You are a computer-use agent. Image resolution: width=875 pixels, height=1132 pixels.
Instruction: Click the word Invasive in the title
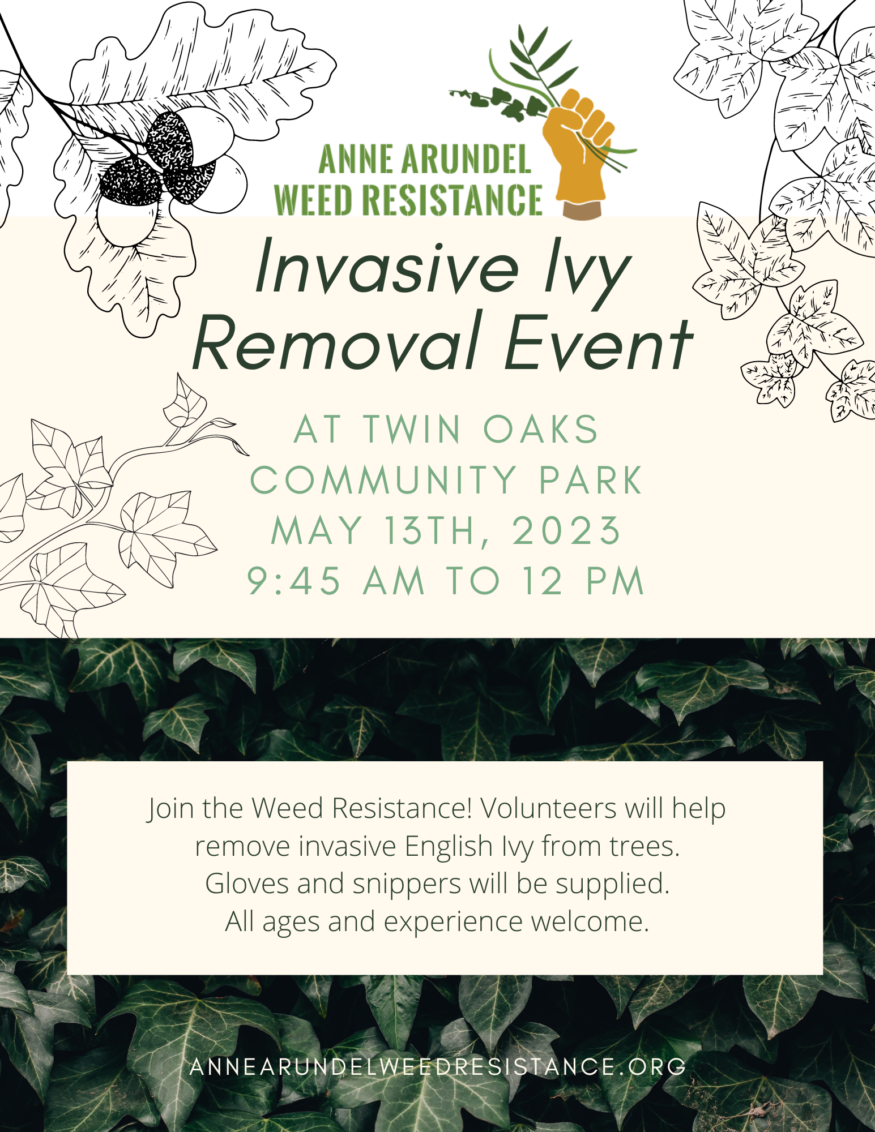pyautogui.click(x=387, y=266)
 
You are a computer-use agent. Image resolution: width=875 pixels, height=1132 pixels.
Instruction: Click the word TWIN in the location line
pyautogui.click(x=412, y=429)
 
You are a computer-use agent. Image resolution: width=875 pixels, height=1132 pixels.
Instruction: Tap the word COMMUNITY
pyautogui.click(x=383, y=481)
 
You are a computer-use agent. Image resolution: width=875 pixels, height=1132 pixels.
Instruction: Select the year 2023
pyautogui.click(x=566, y=531)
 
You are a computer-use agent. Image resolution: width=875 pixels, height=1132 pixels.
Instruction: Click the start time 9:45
pyautogui.click(x=294, y=581)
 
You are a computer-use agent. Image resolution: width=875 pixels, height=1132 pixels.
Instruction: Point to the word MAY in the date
pyautogui.click(x=317, y=531)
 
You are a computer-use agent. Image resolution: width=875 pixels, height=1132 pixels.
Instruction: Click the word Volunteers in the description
pyautogui.click(x=548, y=808)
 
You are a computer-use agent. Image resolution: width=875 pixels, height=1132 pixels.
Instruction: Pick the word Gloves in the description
pyautogui.click(x=247, y=884)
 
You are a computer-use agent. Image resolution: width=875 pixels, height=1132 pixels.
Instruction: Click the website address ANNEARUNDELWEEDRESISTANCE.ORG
pyautogui.click(x=438, y=1067)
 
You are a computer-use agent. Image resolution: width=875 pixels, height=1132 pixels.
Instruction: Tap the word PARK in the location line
pyautogui.click(x=591, y=481)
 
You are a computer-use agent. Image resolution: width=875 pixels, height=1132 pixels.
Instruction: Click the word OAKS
pyautogui.click(x=541, y=429)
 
